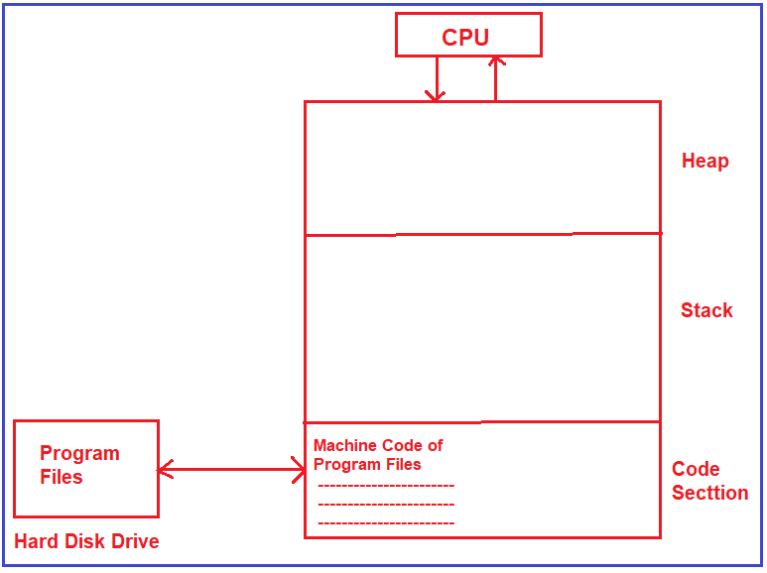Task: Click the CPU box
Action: click(467, 36)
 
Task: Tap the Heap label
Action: click(704, 161)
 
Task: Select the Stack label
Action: click(706, 310)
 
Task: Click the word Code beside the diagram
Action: click(696, 469)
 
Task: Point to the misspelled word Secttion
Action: click(709, 493)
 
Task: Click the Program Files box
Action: click(86, 468)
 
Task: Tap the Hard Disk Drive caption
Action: click(86, 541)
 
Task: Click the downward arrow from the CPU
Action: click(436, 78)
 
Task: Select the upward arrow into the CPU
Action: click(496, 78)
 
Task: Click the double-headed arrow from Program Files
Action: click(231, 469)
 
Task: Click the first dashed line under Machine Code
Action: click(386, 486)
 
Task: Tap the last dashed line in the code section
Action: click(386, 522)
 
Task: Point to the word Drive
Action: click(134, 541)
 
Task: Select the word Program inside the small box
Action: click(79, 453)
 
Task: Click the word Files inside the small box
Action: click(61, 477)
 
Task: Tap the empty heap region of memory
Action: click(481, 168)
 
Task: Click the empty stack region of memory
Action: click(481, 327)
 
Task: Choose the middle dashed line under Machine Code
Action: click(386, 504)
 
